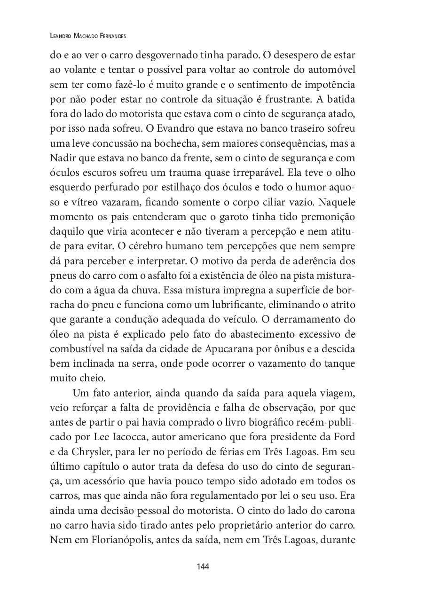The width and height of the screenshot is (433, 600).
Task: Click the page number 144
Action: pos(203,567)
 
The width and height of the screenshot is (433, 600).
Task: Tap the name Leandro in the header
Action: pos(62,36)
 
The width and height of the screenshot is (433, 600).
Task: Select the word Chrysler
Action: pos(89,450)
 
